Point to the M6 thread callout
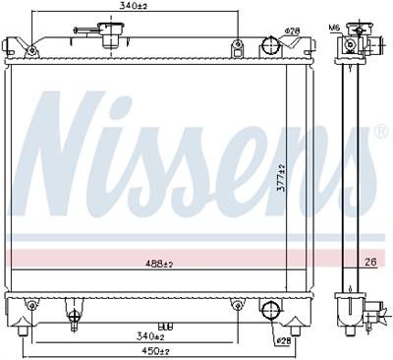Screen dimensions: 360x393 (x=334, y=28)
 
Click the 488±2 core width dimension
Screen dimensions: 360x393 (x=159, y=263)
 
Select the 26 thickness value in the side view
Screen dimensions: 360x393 (x=370, y=262)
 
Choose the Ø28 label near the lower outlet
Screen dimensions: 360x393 (x=282, y=341)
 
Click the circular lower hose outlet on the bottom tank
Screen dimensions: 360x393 (x=269, y=311)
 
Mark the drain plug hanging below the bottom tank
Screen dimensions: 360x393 (x=74, y=317)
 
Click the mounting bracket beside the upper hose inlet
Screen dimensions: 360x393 (x=237, y=47)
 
